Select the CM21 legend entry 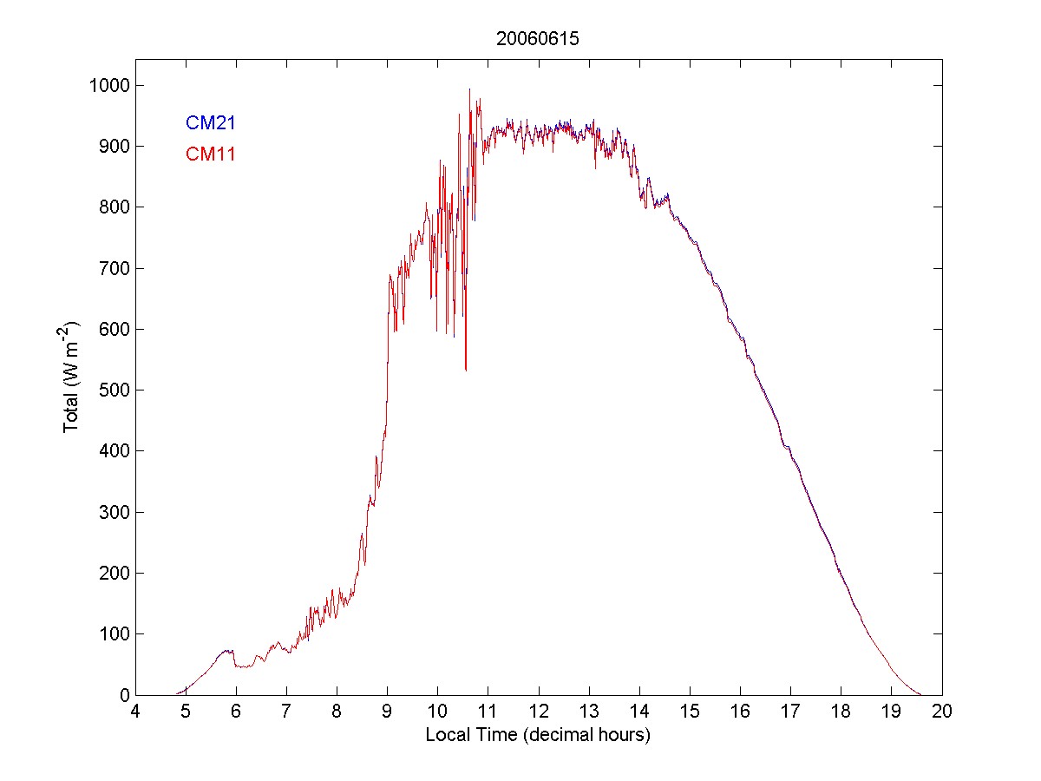click(211, 123)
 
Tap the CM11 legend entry click(211, 154)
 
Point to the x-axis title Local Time click(538, 735)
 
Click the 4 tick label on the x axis click(134, 712)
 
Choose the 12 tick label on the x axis click(539, 712)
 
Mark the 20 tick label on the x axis click(942, 712)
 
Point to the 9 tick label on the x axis click(387, 712)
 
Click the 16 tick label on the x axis click(740, 712)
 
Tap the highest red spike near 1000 click(469, 89)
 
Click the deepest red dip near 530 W click(466, 370)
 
